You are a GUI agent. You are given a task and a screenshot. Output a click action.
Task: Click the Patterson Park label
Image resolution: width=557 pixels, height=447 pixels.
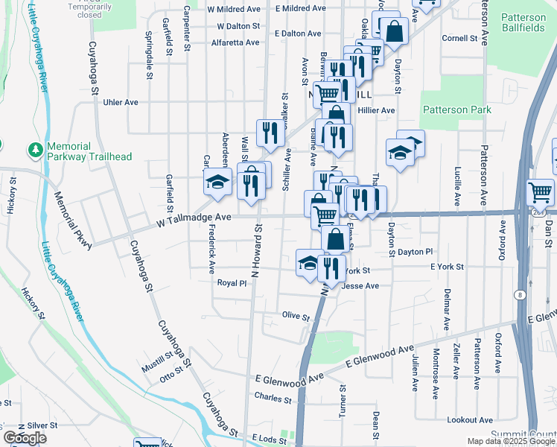pos(457,110)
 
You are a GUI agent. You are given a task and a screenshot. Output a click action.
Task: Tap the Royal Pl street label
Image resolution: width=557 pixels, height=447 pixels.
pos(232,283)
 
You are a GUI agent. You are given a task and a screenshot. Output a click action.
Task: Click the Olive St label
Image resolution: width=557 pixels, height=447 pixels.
pos(296,316)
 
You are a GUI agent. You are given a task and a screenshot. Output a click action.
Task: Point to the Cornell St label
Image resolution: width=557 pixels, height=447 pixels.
pos(459,38)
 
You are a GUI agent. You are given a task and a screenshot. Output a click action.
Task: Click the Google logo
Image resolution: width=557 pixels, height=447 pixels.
pos(25,438)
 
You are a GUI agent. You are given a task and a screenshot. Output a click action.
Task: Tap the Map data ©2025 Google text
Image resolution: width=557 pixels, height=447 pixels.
pos(511,441)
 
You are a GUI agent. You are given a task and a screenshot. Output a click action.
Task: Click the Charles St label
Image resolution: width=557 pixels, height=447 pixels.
pos(273,399)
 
